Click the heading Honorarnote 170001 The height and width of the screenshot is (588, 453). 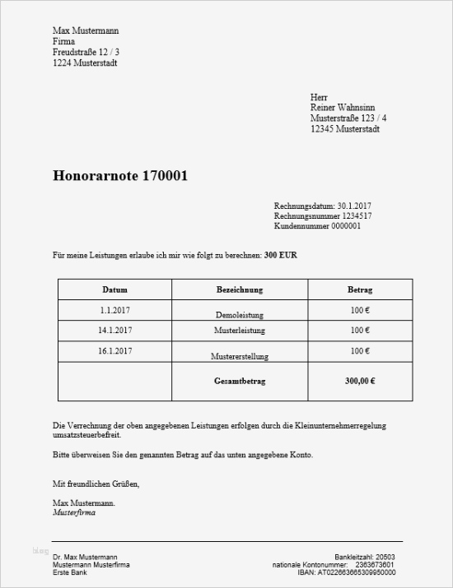pos(125,175)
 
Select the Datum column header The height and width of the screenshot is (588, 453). pos(114,290)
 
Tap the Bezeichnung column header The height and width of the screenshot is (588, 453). pos(239,290)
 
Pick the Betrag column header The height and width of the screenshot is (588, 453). pos(360,290)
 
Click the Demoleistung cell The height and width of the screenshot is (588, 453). pos(239,314)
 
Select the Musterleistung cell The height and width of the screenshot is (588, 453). pos(239,331)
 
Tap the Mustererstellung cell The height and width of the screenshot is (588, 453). pos(239,356)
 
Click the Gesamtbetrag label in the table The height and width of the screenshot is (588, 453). pos(239,382)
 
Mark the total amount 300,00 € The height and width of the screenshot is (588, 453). pos(360,382)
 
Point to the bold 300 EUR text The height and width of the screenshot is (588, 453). pos(281,256)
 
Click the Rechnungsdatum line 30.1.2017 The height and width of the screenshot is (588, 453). pos(322,206)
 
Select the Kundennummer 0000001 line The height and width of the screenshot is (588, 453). pos(317,225)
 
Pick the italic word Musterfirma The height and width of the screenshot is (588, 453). pos(73,512)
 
